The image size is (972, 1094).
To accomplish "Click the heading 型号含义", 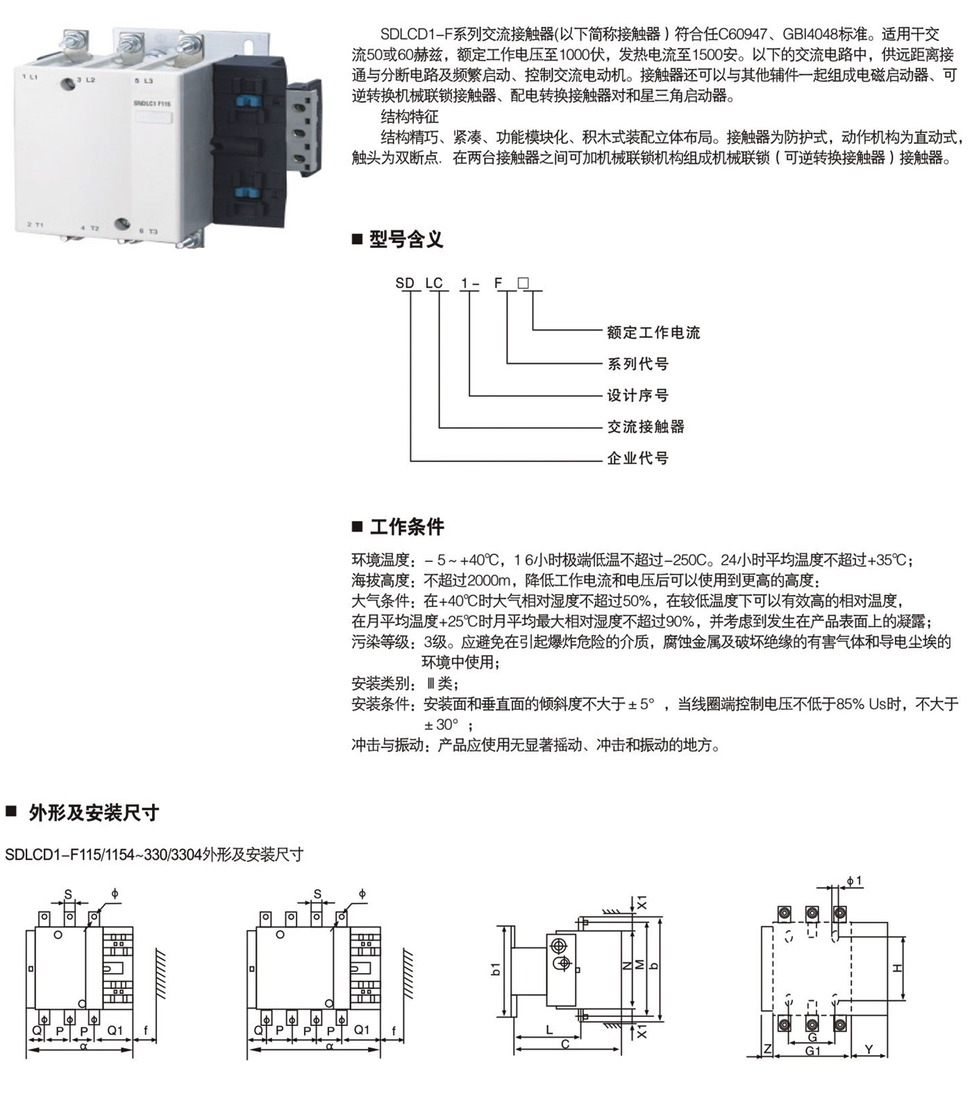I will pyautogui.click(x=405, y=240).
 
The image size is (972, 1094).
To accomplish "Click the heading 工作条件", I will pyautogui.click(x=407, y=527).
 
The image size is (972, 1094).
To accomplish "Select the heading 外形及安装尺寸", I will pyautogui.click(x=94, y=813).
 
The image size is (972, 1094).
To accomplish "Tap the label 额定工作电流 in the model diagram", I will pyautogui.click(x=653, y=333).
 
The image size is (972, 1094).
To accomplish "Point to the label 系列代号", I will pyautogui.click(x=637, y=364).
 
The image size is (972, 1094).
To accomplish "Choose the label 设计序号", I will pyautogui.click(x=637, y=396).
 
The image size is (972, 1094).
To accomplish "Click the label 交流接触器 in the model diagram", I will pyautogui.click(x=646, y=427).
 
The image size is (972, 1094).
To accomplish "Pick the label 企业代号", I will pyautogui.click(x=637, y=458).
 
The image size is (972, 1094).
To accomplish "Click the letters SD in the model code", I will pyautogui.click(x=405, y=283).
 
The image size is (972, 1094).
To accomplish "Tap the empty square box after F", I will pyautogui.click(x=523, y=283).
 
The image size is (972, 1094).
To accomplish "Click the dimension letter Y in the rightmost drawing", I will pyautogui.click(x=869, y=1050).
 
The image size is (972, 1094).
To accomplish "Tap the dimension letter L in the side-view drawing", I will pyautogui.click(x=549, y=1030).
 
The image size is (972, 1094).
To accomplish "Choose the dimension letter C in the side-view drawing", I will pyautogui.click(x=565, y=1044).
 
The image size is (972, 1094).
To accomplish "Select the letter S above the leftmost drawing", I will pyautogui.click(x=68, y=894).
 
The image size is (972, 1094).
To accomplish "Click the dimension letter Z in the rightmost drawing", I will pyautogui.click(x=767, y=1050).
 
